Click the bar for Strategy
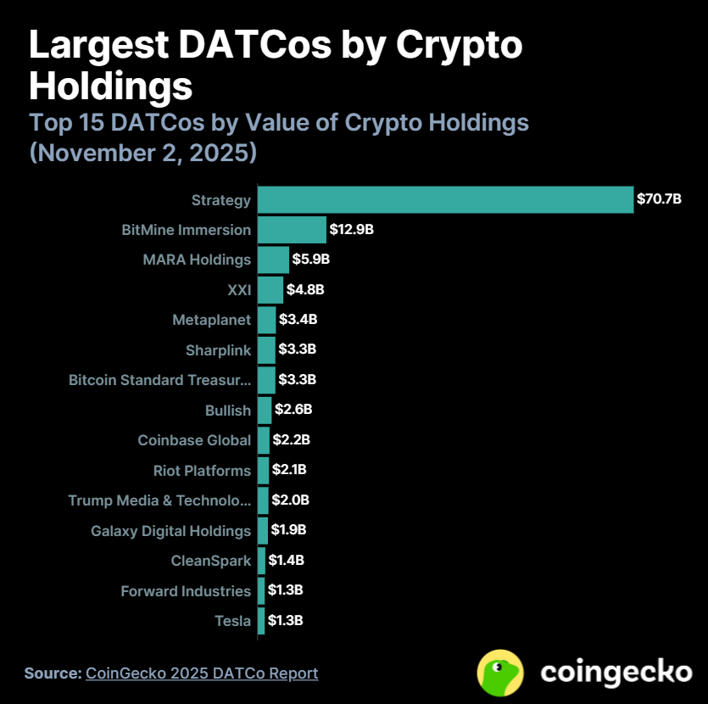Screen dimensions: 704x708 (x=445, y=199)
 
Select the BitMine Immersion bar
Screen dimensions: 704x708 (x=292, y=230)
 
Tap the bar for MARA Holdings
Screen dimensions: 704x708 (x=273, y=260)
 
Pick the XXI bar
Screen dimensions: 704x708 (x=270, y=290)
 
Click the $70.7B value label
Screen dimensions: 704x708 (x=659, y=200)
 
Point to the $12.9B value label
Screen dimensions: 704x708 (x=352, y=230)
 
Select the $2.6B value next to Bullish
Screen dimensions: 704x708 (x=293, y=410)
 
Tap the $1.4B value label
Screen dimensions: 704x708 (x=286, y=560)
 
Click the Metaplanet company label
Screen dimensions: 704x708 (x=211, y=320)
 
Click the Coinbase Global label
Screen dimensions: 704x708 (x=194, y=440)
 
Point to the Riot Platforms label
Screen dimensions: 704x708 (x=202, y=471)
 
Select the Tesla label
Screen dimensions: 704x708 (x=232, y=621)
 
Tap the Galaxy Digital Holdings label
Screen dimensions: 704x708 (x=170, y=531)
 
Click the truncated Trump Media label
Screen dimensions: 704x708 (x=159, y=500)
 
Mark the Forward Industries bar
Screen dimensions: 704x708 (x=261, y=590)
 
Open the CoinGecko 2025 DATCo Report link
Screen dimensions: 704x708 (x=202, y=673)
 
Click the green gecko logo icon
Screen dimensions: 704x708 (x=500, y=673)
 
